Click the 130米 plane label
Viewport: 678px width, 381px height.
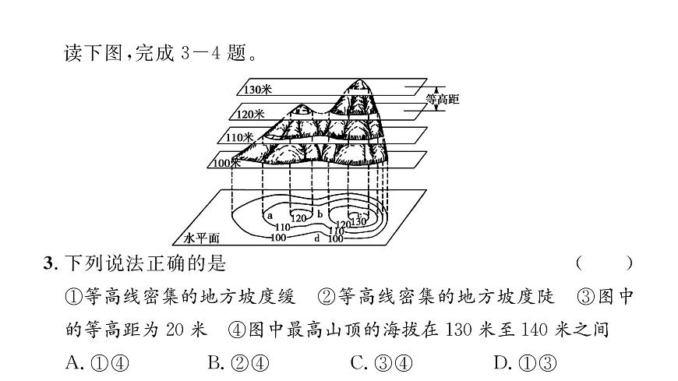[x=257, y=89]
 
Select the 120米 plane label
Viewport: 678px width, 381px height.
[x=251, y=114]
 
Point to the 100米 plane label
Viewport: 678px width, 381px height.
[x=228, y=163]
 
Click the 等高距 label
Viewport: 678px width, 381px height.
[x=443, y=100]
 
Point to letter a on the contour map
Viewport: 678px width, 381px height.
[x=270, y=215]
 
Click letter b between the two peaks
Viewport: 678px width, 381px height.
[x=320, y=213]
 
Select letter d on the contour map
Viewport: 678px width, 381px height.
[x=317, y=238]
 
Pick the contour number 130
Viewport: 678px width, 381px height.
[x=358, y=221]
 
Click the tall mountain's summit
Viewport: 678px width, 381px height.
[x=360, y=81]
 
